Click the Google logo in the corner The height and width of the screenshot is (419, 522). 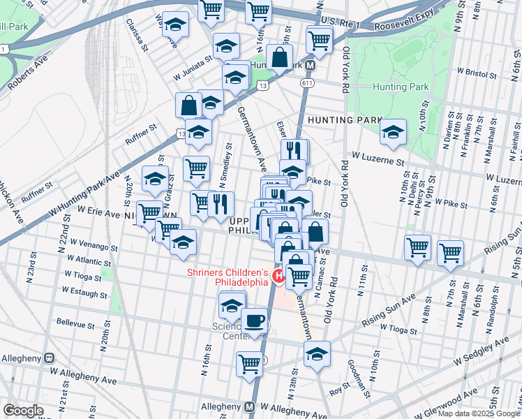23,411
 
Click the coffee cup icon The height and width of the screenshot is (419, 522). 254,322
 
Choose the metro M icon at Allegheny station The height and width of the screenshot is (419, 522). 249,407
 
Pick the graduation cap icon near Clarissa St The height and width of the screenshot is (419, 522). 175,24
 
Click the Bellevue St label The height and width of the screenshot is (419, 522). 75,325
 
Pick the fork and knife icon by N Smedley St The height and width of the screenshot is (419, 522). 221,203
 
